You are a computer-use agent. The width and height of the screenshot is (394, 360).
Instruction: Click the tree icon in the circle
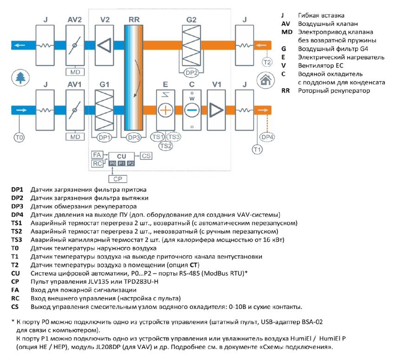pyautogui.click(x=20, y=78)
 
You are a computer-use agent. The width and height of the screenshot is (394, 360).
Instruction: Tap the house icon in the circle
pyautogui.click(x=265, y=80)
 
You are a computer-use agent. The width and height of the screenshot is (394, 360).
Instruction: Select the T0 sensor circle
pyautogui.click(x=19, y=137)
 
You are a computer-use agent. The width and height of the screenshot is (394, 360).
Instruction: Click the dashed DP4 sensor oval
pyautogui.click(x=267, y=137)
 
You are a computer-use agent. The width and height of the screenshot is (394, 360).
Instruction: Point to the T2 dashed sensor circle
pyautogui.click(x=267, y=62)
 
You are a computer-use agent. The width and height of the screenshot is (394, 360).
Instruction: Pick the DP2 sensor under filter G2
pyautogui.click(x=191, y=73)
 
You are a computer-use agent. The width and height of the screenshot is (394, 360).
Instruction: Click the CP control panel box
pyautogui.click(x=117, y=179)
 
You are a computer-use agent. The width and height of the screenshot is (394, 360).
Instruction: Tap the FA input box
pyautogui.click(x=97, y=155)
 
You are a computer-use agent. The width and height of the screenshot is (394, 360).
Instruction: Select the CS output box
pyautogui.click(x=146, y=156)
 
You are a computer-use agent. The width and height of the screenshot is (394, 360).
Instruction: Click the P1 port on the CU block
pyautogui.click(x=122, y=163)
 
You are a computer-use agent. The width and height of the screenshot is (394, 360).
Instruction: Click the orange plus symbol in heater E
pyautogui.click(x=165, y=110)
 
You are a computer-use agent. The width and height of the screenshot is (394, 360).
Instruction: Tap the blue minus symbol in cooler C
pyautogui.click(x=192, y=110)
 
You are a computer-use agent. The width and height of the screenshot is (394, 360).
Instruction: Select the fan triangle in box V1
pyautogui.click(x=216, y=110)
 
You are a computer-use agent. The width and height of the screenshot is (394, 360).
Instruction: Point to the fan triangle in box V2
pyautogui.click(x=104, y=46)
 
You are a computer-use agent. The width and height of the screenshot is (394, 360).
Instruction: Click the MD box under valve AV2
pyautogui.click(x=75, y=72)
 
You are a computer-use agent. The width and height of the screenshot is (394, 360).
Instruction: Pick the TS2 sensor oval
pyautogui.click(x=166, y=146)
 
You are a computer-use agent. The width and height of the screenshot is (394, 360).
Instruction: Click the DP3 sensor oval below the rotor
pyautogui.click(x=134, y=137)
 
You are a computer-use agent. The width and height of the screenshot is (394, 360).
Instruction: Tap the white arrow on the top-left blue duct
pyautogui.click(x=19, y=45)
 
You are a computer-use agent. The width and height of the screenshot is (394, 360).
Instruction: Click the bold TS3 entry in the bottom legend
pyautogui.click(x=17, y=240)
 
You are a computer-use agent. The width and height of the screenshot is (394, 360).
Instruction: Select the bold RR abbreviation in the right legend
pyautogui.click(x=285, y=91)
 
